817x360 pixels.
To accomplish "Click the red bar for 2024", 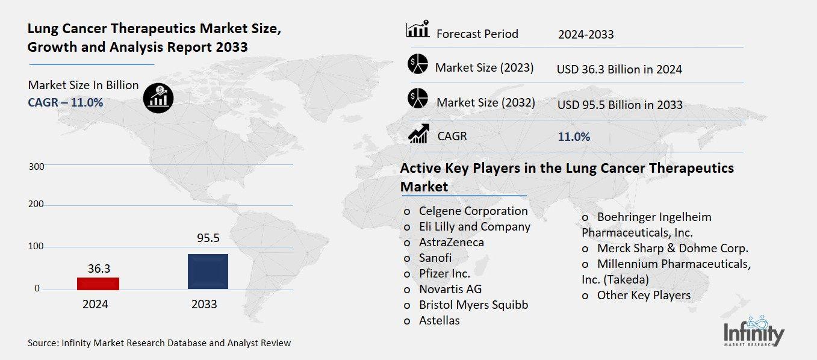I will [x=98, y=283].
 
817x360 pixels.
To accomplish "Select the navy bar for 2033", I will [x=208, y=271].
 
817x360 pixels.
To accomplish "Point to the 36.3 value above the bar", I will [x=99, y=268].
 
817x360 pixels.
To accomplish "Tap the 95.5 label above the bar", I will [x=208, y=238].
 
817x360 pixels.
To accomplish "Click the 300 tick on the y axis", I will [x=36, y=166].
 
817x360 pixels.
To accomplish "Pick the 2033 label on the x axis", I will [x=204, y=305].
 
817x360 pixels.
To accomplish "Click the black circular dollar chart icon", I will [x=158, y=97].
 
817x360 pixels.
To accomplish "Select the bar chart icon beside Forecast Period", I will [x=418, y=29].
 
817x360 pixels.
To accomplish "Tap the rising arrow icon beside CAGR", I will [x=418, y=133].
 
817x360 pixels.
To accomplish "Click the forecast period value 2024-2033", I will [x=586, y=34].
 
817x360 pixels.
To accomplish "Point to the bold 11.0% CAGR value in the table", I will [x=574, y=137].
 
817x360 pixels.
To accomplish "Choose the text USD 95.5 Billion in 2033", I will [x=620, y=105].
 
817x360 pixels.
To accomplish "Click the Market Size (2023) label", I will [x=484, y=67].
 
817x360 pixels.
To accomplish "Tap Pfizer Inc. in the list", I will [x=444, y=273].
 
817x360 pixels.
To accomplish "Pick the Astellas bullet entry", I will [x=439, y=320].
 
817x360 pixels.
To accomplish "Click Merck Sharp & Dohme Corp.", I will [x=673, y=248].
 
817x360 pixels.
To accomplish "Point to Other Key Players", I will [x=644, y=295].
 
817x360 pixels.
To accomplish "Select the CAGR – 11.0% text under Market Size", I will [x=66, y=102].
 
